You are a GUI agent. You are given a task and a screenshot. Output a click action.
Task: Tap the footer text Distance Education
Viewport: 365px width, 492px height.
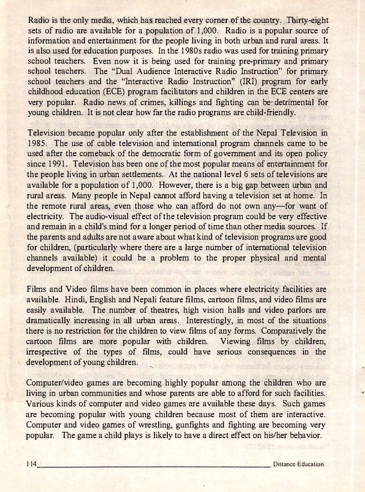[x=298, y=464]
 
